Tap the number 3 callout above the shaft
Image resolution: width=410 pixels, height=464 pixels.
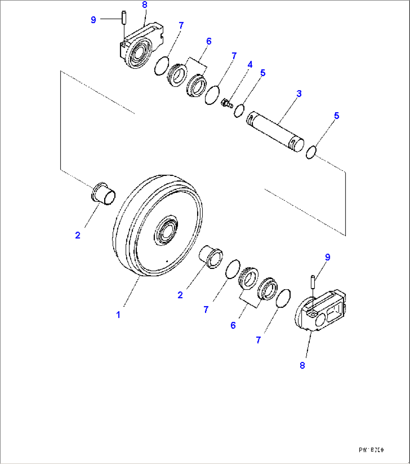(x=299, y=94)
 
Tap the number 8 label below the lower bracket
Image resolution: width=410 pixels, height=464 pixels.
(x=302, y=365)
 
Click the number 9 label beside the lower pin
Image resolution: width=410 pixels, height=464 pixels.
(x=328, y=257)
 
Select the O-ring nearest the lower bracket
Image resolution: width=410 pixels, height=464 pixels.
(x=284, y=298)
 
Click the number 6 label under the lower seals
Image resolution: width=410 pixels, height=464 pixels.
(x=233, y=325)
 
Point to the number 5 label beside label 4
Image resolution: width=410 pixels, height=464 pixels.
(x=263, y=73)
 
